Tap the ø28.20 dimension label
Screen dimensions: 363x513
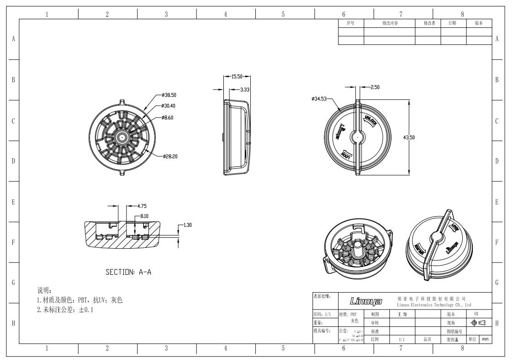pos(170,156)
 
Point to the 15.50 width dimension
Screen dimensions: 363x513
pos(236,77)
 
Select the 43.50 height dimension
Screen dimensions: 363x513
pos(408,139)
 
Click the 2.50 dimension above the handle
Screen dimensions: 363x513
pos(375,87)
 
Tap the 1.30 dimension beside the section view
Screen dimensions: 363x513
pos(188,225)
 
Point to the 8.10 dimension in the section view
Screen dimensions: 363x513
pos(144,216)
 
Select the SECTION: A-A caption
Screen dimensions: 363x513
pos(128,272)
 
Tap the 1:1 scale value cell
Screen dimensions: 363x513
pos(401,340)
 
